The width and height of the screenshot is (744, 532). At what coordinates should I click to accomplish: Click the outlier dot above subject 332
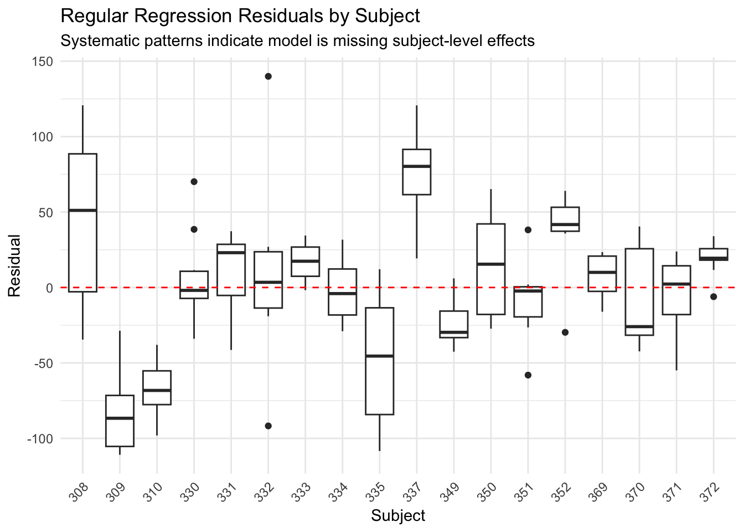[268, 76]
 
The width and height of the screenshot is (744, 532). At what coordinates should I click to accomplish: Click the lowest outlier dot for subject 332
[268, 426]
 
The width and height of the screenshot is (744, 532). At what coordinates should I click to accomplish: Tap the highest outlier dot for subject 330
[194, 182]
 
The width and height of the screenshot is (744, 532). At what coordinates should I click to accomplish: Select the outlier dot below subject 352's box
[565, 332]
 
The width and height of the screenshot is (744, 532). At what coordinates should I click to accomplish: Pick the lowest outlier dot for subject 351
[528, 375]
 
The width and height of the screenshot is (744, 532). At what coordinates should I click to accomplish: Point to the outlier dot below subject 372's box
[714, 297]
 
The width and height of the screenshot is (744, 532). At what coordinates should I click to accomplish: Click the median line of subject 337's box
[416, 166]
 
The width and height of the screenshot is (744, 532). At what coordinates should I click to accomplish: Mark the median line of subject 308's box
[82, 211]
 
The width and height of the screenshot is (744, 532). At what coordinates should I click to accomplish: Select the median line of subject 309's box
[120, 418]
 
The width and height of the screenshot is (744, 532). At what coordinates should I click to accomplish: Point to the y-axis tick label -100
[39, 438]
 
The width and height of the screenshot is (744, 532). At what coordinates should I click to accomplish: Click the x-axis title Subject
[398, 516]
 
